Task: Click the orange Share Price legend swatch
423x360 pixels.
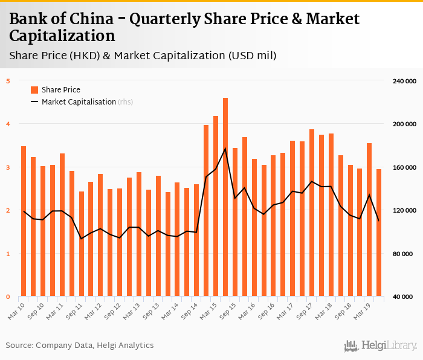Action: click(34, 90)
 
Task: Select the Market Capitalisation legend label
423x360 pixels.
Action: click(79, 102)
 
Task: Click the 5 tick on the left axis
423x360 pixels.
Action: click(8, 81)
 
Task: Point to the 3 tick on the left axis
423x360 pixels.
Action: click(8, 167)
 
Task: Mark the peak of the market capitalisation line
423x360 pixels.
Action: click(225, 149)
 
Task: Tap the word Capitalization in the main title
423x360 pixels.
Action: click(62, 36)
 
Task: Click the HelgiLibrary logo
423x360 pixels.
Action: click(381, 346)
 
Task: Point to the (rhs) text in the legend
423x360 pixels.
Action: click(125, 102)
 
